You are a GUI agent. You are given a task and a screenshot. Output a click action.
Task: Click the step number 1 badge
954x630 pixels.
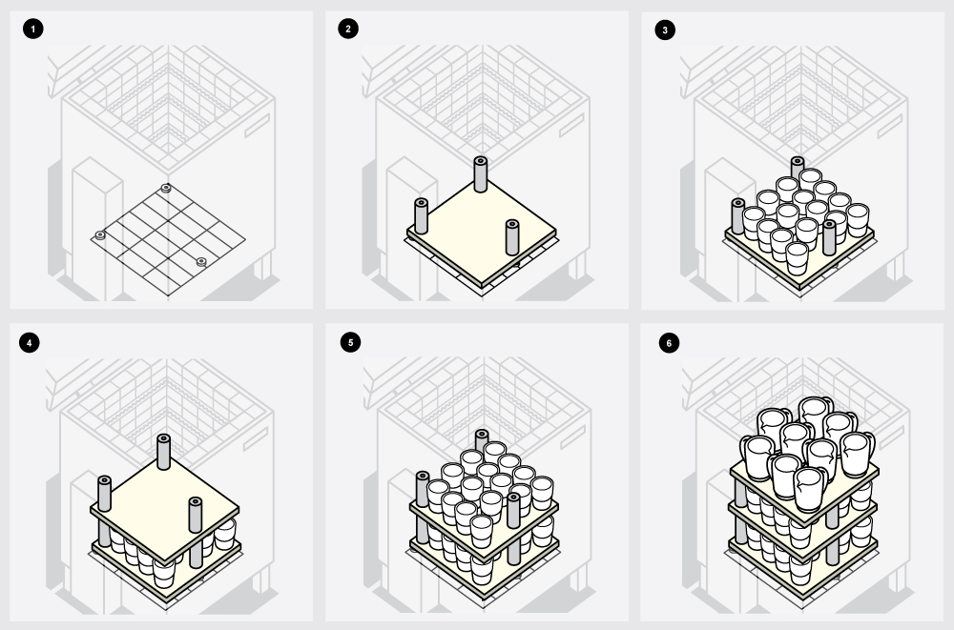click(32, 29)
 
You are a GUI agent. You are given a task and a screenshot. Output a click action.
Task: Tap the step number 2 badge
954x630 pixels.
click(348, 29)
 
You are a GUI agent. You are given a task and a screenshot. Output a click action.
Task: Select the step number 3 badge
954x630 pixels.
click(665, 30)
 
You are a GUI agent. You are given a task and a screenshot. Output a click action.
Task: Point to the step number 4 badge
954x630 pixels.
click(30, 342)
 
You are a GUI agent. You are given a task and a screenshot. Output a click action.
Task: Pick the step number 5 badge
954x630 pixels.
click(350, 342)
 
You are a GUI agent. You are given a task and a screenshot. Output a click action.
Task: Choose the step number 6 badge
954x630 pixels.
click(670, 343)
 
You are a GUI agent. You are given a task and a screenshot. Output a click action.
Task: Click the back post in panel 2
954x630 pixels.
click(480, 174)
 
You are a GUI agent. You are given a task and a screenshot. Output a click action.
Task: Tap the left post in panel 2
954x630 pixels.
click(421, 216)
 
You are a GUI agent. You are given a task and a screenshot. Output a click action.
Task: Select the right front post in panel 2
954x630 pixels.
click(512, 237)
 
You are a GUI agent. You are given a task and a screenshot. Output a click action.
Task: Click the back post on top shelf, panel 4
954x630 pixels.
click(163, 452)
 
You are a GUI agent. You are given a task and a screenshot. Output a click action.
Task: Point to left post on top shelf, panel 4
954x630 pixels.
click(104, 493)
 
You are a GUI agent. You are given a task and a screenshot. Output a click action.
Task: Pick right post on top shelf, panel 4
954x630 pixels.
click(196, 515)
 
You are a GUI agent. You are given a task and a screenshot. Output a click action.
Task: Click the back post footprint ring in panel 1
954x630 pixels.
click(165, 189)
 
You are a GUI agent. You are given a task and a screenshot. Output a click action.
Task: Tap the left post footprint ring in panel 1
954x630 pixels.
click(100, 235)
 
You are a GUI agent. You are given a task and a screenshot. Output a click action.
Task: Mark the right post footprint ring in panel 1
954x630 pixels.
click(200, 262)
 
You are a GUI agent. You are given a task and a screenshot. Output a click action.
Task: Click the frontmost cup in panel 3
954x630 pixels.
click(797, 258)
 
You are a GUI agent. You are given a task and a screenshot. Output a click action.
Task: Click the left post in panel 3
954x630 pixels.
click(738, 216)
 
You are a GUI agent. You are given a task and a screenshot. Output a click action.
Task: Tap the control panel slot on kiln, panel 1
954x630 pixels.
click(257, 126)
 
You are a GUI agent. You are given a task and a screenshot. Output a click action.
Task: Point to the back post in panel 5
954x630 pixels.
click(481, 441)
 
